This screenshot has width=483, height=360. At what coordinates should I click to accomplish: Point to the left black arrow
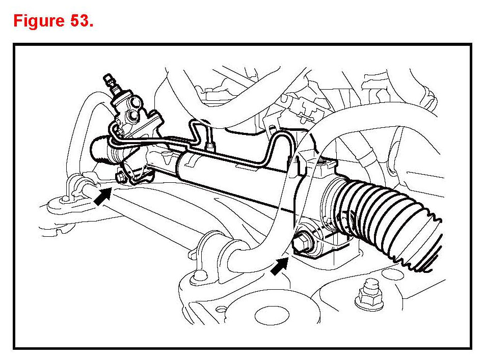tap(103, 196)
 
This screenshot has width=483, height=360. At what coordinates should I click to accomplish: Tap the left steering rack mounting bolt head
tap(120, 177)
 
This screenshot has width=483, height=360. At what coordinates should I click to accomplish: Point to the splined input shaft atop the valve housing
tap(110, 82)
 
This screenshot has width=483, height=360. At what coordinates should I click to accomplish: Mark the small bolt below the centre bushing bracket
tap(195, 279)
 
